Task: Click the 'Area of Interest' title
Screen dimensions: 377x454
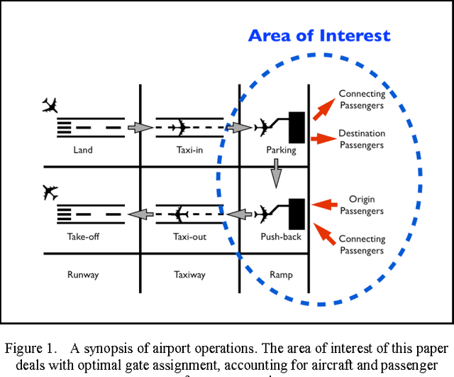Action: (319, 35)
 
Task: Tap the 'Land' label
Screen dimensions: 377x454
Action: (83, 151)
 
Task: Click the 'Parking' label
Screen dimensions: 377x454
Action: (281, 151)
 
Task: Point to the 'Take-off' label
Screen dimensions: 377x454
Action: (83, 237)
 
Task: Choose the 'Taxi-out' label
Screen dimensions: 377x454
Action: (189, 237)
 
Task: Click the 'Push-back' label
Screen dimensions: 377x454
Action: (282, 237)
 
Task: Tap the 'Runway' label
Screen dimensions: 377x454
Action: (83, 274)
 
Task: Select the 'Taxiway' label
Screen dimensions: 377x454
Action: (189, 274)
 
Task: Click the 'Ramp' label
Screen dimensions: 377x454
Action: (282, 274)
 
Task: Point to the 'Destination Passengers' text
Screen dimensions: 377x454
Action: (362, 139)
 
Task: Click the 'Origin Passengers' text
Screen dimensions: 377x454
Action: (362, 205)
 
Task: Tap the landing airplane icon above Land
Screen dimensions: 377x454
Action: (50, 106)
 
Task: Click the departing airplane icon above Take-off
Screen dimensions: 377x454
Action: (50, 192)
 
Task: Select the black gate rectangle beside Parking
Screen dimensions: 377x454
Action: (297, 127)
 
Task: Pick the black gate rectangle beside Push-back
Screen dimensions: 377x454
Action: (297, 213)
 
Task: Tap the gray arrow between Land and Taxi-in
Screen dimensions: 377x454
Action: (140, 128)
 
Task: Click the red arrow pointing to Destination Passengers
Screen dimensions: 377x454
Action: (323, 138)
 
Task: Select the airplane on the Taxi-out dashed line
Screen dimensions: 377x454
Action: (179, 213)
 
